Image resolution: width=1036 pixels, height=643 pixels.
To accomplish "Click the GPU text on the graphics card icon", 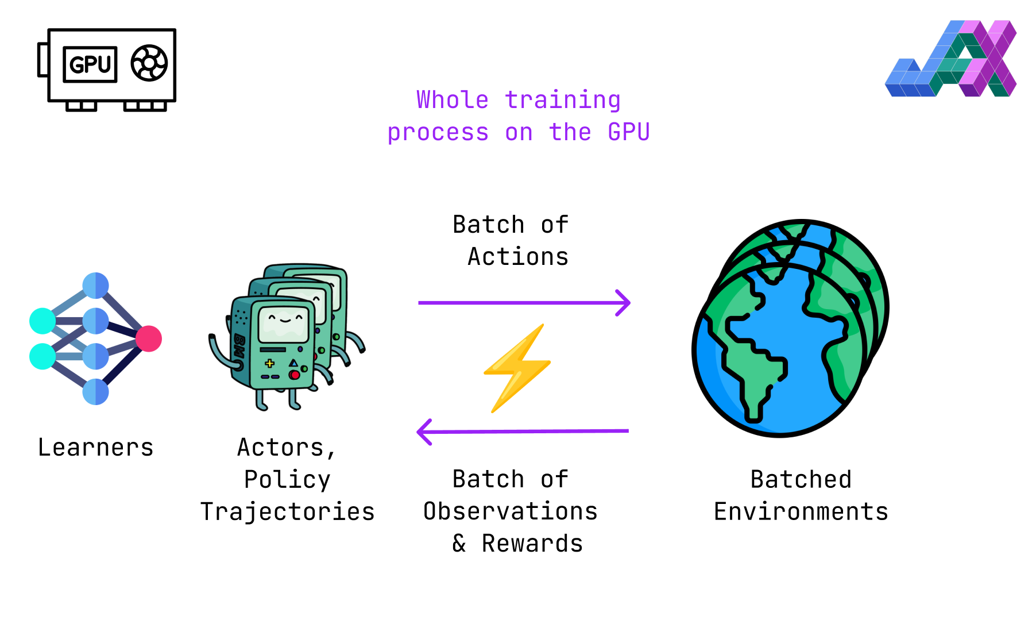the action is tap(90, 64).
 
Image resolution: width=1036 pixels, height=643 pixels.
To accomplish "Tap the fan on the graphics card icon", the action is tap(149, 63).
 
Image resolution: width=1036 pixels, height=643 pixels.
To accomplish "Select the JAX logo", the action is tap(951, 59).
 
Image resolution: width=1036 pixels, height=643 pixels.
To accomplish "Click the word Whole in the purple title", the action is tap(453, 99).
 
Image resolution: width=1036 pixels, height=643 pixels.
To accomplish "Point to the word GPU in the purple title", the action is tap(629, 132).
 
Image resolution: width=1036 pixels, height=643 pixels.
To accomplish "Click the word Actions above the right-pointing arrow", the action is tap(518, 256).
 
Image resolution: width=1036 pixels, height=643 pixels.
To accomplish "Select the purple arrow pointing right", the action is tap(524, 302).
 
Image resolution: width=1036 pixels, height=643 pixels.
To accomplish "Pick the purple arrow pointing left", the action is tap(523, 432).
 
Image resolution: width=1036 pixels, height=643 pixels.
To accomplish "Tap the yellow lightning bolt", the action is tap(517, 368).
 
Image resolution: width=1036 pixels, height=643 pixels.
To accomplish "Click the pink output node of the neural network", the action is tap(149, 339).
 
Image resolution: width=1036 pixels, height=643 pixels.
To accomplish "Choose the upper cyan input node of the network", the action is tap(42, 321).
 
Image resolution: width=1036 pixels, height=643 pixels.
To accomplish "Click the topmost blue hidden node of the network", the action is tap(95, 286).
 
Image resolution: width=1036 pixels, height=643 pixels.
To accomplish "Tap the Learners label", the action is tap(95, 447).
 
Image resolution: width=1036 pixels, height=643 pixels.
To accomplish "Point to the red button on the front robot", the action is tap(295, 375).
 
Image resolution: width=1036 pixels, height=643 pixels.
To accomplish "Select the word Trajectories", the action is tap(287, 511).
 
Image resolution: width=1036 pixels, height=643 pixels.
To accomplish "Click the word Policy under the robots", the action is tap(287, 479).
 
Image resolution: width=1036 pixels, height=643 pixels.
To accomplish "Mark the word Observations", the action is tap(511, 511).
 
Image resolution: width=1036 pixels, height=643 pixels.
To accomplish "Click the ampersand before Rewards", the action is tap(459, 543).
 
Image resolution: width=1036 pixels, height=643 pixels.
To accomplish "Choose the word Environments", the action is tap(801, 511).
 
